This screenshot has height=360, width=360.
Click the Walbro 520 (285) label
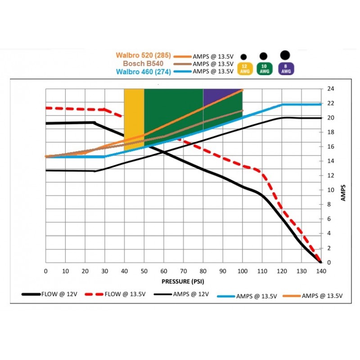click(143, 56)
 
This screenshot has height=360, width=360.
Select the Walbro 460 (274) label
click(143, 71)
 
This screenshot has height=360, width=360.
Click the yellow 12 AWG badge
click(243, 69)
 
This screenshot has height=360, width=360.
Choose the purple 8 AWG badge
click(284, 69)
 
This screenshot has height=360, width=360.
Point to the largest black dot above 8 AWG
click(284, 55)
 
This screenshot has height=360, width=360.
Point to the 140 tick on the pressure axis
click(321, 271)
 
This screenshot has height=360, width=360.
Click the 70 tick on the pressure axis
click(183, 271)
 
